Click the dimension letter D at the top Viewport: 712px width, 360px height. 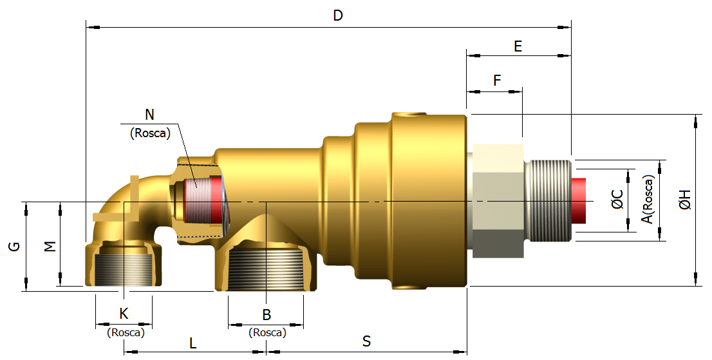[338, 15]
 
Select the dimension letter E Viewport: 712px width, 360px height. [518, 46]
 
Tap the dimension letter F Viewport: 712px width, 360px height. [496, 81]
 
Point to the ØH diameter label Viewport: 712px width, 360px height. [685, 200]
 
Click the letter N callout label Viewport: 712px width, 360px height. [149, 115]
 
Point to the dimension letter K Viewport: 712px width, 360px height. [124, 314]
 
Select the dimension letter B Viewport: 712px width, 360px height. [266, 315]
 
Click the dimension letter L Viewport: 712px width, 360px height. [193, 343]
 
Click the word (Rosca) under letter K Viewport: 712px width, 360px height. [125, 332]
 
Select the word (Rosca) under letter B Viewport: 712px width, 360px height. [267, 333]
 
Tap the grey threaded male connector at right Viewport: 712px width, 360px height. [548, 200]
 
